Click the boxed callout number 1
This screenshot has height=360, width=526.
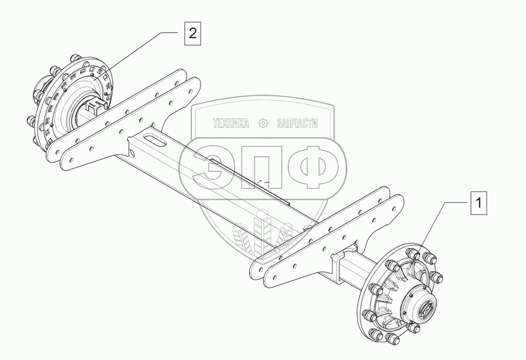click(478, 203)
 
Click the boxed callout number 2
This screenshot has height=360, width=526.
click(192, 34)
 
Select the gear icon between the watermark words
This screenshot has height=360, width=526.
click(263, 123)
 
